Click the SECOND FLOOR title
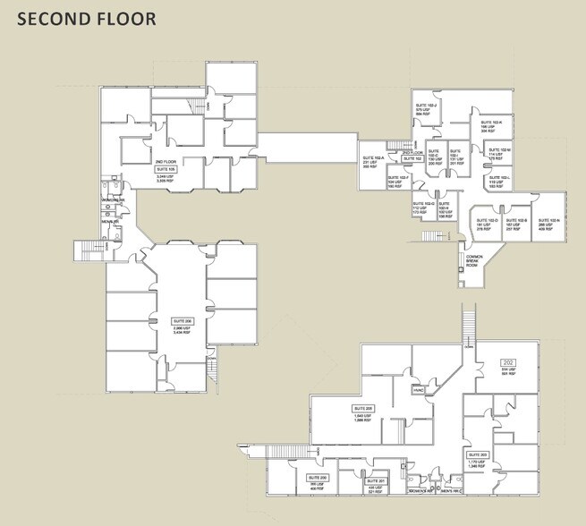pyautogui.click(x=86, y=18)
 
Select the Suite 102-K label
pyautogui.click(x=491, y=122)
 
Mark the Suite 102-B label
pyautogui.click(x=517, y=219)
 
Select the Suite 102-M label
pyautogui.click(x=500, y=150)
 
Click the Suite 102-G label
pyautogui.click(x=423, y=203)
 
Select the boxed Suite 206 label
pyautogui.click(x=183, y=319)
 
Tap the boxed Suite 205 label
pyautogui.click(x=363, y=408)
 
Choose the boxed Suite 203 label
pyautogui.click(x=476, y=454)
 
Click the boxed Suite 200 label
pyautogui.click(x=318, y=478)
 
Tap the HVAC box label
pyautogui.click(x=418, y=390)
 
